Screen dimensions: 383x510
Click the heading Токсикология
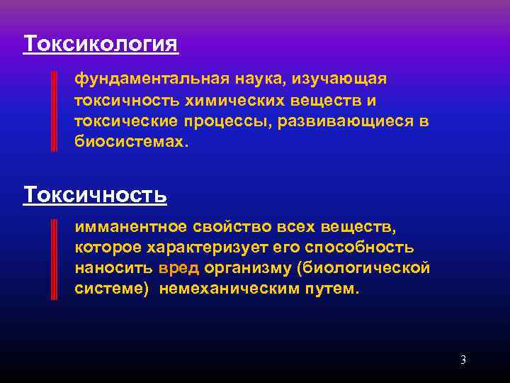(x=101, y=44)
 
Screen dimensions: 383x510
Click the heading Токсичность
(x=96, y=194)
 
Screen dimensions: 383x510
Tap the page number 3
(x=463, y=360)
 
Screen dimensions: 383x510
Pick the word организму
(x=249, y=269)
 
